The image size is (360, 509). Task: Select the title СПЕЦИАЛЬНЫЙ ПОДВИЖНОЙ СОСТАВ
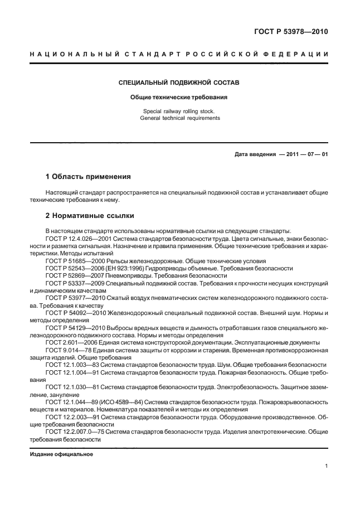(x=179, y=83)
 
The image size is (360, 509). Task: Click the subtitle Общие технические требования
(x=179, y=96)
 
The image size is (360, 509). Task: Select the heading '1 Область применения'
(x=88, y=177)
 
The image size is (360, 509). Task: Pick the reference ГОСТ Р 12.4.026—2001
(x=77, y=237)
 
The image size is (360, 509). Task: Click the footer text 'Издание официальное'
(x=61, y=454)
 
